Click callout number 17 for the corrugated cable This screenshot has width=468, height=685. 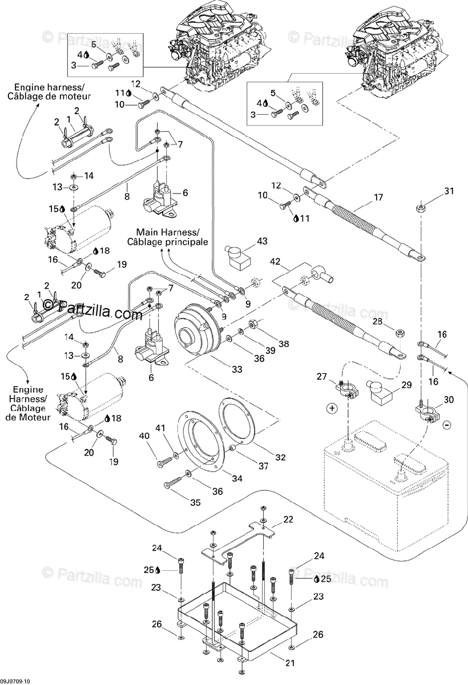(378, 199)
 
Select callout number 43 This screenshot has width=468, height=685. (261, 242)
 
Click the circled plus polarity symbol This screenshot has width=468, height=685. (332, 408)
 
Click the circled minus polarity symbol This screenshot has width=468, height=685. (447, 425)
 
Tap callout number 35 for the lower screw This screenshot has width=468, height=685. (196, 502)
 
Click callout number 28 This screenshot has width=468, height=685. (377, 323)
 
